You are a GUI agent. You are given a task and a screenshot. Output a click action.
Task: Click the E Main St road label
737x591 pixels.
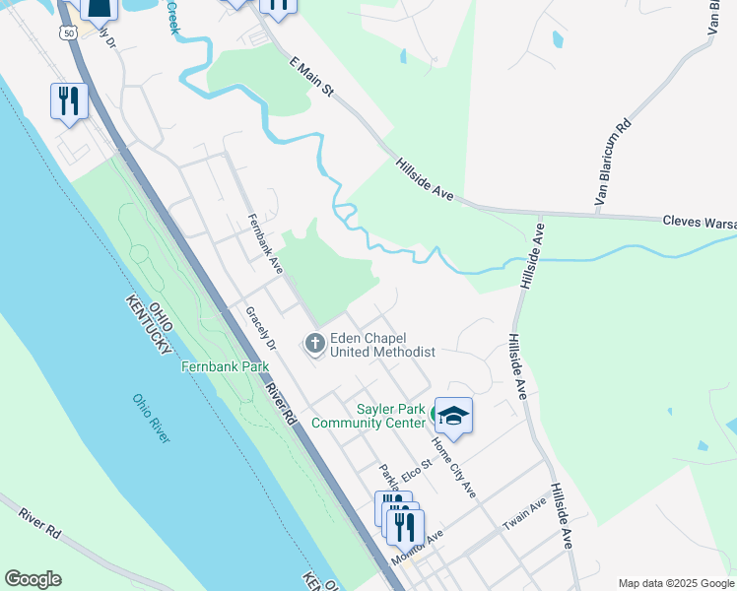313,77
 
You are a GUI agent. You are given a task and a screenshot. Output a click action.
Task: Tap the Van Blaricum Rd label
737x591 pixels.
611,163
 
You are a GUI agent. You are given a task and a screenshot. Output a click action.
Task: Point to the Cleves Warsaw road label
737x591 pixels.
699,223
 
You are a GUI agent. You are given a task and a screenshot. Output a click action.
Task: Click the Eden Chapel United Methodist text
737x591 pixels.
382,345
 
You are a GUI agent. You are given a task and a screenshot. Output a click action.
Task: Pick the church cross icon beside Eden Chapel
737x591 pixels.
315,344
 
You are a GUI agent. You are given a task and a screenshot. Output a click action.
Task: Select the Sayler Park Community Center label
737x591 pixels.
368,416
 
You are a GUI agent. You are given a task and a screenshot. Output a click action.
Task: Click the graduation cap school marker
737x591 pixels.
453,416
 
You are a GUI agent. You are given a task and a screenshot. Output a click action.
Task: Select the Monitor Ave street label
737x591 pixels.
419,548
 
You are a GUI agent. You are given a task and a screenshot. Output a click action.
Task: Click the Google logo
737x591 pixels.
33,579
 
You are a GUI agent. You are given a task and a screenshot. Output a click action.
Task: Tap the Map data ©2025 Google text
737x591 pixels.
675,583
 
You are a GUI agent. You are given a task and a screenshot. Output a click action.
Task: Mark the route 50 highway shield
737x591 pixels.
67,33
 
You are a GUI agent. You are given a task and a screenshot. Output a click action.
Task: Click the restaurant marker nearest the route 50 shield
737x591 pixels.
69,101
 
